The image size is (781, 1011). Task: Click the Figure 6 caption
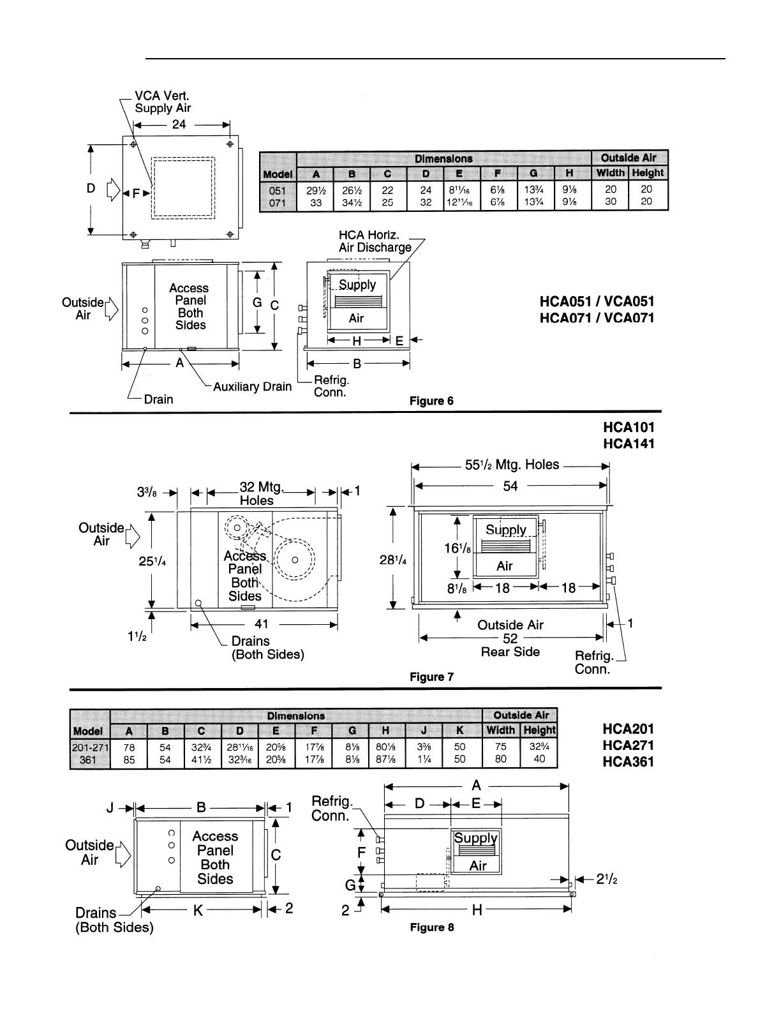tap(431, 401)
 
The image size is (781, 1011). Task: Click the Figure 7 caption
tap(431, 677)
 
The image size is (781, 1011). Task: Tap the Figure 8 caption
tap(432, 927)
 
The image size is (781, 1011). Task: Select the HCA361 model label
tap(628, 761)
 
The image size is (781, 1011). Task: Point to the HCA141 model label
tap(628, 443)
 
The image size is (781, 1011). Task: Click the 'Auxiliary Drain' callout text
tap(252, 386)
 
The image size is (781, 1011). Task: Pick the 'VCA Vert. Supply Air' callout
tap(163, 102)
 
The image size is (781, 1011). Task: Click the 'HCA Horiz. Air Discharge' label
tap(375, 241)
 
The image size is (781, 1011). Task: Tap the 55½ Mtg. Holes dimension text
tap(512, 465)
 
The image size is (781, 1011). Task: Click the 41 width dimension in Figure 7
tap(262, 624)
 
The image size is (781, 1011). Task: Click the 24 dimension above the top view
tap(179, 124)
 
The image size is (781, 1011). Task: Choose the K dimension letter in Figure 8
tap(198, 910)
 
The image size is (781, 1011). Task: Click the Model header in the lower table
tap(89, 731)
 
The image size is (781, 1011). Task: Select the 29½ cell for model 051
tap(316, 190)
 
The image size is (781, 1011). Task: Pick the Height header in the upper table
tap(648, 173)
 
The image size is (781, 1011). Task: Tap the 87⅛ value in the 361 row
tap(387, 760)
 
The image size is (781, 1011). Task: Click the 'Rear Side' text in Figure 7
tap(510, 652)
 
